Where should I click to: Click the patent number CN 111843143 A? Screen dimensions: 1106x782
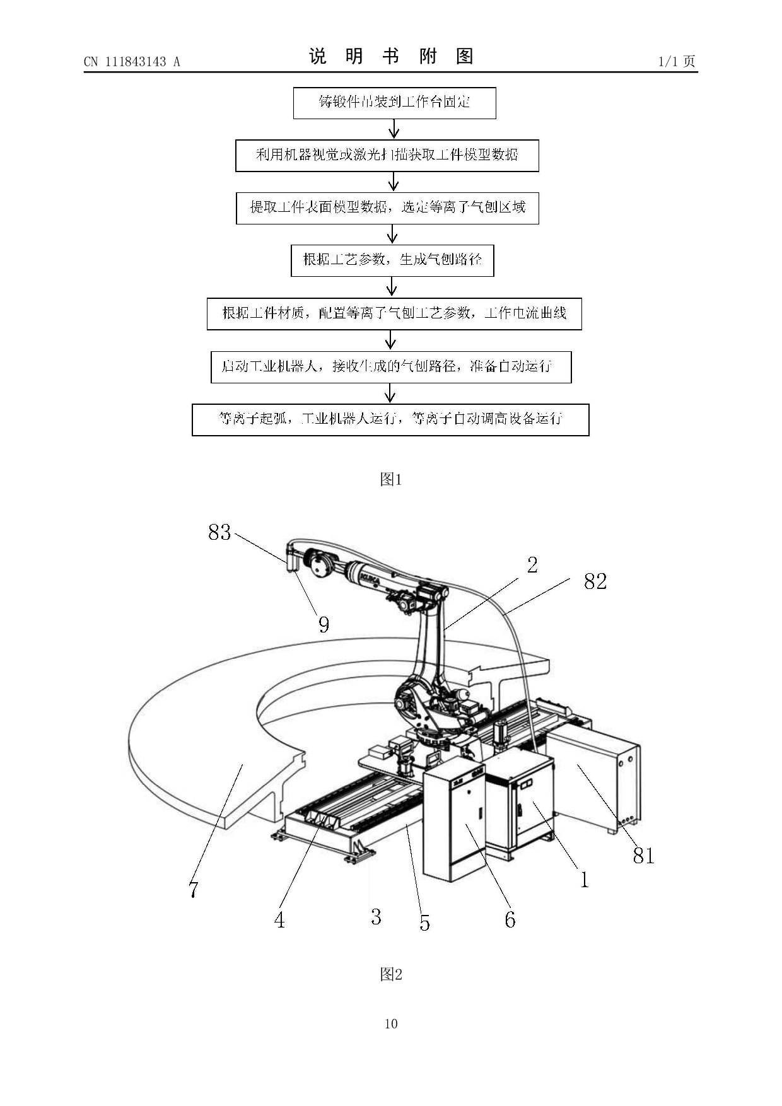pyautogui.click(x=132, y=62)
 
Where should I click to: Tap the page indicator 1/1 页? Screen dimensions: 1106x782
pyautogui.click(x=677, y=61)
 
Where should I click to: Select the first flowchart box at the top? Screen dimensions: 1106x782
pyautogui.click(x=394, y=103)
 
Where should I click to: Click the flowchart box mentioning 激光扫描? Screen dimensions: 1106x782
pyautogui.click(x=387, y=155)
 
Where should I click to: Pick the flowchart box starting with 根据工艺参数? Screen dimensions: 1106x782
pyautogui.click(x=392, y=260)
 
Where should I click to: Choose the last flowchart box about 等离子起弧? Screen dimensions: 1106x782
pyautogui.click(x=390, y=419)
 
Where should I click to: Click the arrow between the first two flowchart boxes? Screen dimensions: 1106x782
pyautogui.click(x=394, y=129)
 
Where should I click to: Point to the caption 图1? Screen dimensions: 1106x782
pyautogui.click(x=391, y=479)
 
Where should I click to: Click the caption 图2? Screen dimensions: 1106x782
pyautogui.click(x=391, y=974)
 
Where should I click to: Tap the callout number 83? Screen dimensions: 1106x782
pyautogui.click(x=219, y=532)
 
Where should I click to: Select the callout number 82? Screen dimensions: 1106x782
pyautogui.click(x=595, y=581)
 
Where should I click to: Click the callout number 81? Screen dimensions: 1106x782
pyautogui.click(x=644, y=856)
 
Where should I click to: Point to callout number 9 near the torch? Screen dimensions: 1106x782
pyautogui.click(x=324, y=624)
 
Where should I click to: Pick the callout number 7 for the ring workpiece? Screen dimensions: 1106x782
pyautogui.click(x=194, y=890)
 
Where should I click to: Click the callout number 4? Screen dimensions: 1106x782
pyautogui.click(x=279, y=920)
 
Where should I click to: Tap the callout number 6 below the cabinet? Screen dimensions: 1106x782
pyautogui.click(x=510, y=919)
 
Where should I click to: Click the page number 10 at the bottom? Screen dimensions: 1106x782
pyautogui.click(x=391, y=1024)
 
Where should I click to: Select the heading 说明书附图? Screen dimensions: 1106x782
pyautogui.click(x=391, y=57)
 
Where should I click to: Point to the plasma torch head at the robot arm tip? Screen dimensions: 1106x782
pyautogui.click(x=293, y=558)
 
